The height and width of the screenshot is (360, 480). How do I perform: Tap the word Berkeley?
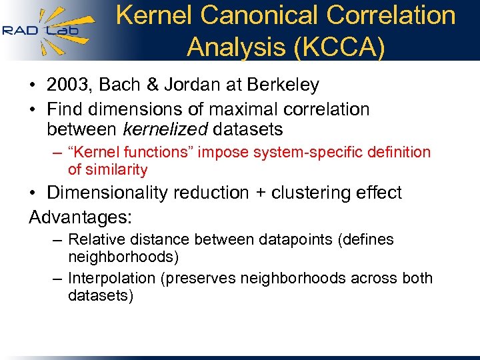coord(282,85)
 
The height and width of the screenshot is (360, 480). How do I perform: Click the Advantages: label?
coord(81,217)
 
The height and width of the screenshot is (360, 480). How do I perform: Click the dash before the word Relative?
coord(59,239)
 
